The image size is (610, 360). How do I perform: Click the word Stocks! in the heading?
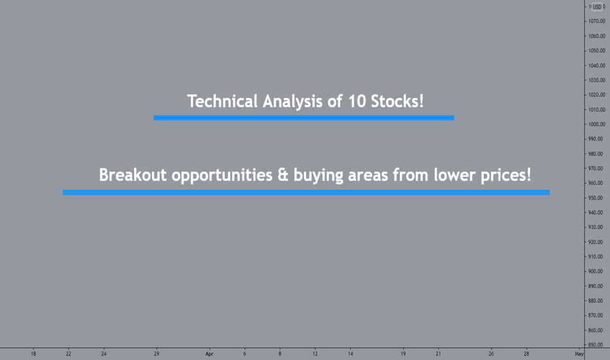point(397,101)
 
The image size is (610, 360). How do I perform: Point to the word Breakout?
point(133,175)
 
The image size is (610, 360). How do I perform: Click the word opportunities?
point(222,175)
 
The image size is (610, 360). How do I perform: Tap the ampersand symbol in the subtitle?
point(283,175)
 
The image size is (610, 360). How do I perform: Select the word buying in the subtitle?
point(318,175)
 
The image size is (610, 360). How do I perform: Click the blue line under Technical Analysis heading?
point(304,118)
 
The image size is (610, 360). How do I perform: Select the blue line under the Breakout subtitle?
point(306,192)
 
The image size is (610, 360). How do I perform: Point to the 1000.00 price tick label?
point(596,124)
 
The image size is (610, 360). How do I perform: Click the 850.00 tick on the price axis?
point(596,345)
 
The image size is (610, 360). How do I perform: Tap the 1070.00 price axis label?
point(596,21)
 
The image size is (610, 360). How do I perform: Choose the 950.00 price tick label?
point(596,198)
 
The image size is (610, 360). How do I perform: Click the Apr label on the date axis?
point(209,353)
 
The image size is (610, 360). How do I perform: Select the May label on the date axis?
point(579,353)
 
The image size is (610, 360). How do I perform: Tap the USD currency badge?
point(597,7)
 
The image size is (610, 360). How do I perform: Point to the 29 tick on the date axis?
point(156,353)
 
